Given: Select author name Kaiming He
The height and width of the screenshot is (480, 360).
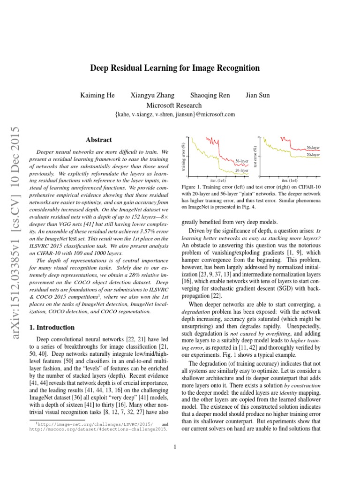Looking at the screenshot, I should (97, 96).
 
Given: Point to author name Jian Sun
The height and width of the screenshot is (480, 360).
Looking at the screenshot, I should (257, 96).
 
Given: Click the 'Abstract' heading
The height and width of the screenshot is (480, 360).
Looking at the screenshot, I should (99, 140).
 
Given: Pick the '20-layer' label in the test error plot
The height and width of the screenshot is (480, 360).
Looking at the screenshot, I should (313, 154).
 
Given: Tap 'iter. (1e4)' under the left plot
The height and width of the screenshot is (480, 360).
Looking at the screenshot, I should (218, 180).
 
